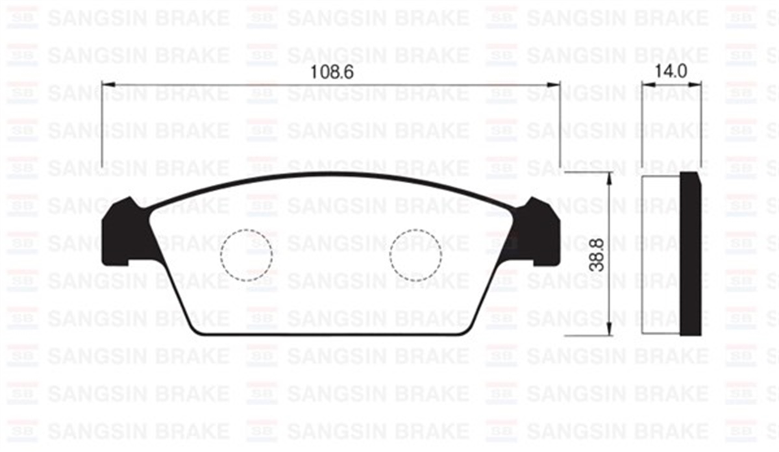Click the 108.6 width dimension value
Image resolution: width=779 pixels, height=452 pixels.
[331, 73]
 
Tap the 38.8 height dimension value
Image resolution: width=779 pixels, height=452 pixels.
[597, 254]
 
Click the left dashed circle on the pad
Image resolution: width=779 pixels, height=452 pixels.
[247, 255]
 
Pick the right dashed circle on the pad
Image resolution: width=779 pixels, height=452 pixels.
[415, 255]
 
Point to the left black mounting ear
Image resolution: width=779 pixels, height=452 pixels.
[123, 234]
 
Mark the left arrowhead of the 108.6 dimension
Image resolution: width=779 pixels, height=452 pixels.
[108, 84]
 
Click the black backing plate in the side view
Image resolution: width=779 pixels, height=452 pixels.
[690, 254]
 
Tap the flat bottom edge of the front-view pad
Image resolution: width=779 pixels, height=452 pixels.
[331, 335]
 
